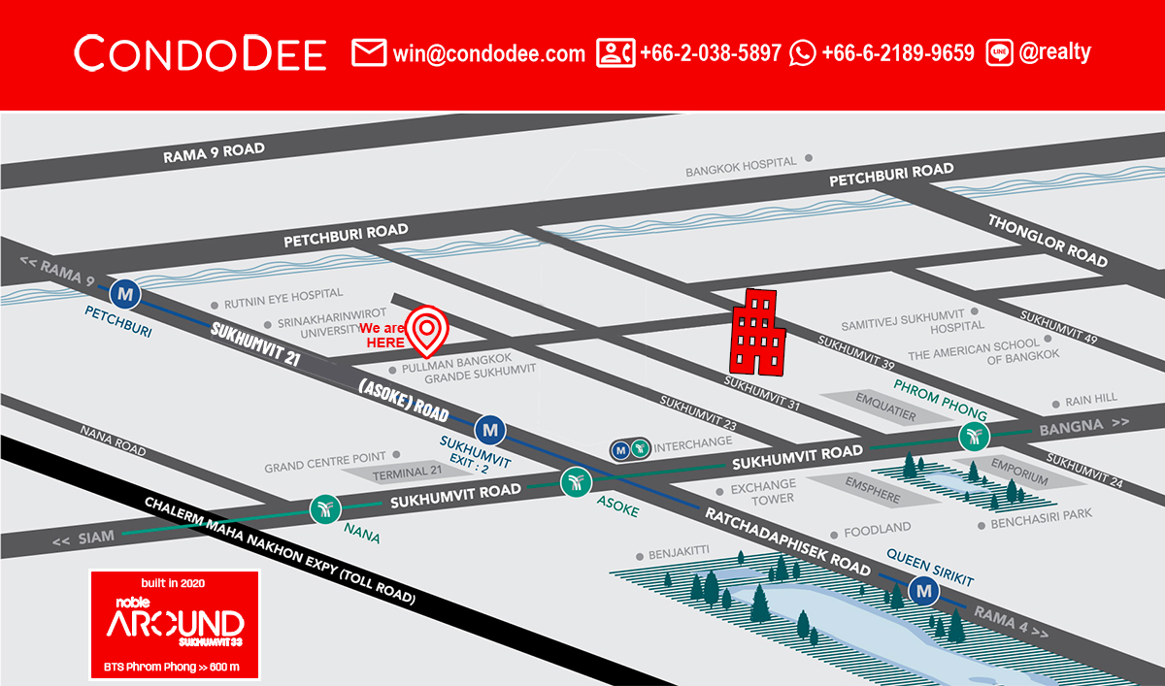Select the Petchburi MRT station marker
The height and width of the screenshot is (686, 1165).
coord(124,291)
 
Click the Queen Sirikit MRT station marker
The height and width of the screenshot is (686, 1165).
coord(924,589)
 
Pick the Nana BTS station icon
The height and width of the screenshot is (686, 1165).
coord(323,507)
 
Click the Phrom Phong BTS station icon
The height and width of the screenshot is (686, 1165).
coord(973,437)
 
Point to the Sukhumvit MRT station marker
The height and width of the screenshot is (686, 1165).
coord(490,428)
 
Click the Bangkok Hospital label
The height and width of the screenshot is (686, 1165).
coord(741,165)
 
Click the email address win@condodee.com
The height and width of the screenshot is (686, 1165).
coord(488,53)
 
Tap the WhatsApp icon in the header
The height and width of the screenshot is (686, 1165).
coord(803,53)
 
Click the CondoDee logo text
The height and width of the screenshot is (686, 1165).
coord(200,53)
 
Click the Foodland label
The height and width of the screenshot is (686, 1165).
coord(877,529)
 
